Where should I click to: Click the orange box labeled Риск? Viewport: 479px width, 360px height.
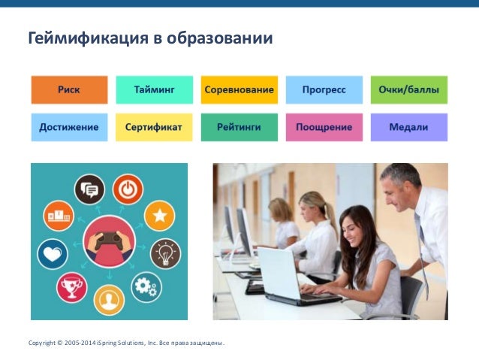click(68, 90)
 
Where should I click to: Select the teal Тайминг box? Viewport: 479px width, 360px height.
click(154, 90)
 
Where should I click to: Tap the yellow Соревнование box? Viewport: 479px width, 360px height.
click(239, 90)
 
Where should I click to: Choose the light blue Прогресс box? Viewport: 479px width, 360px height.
click(324, 90)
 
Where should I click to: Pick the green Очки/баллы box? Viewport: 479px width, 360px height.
click(408, 90)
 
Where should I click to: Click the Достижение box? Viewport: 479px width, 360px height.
click(68, 127)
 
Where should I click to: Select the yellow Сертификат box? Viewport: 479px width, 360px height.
click(154, 127)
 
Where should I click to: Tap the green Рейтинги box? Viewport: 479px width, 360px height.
click(239, 127)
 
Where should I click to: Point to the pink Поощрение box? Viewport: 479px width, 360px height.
click(324, 127)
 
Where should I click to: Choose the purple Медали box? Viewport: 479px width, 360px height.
click(408, 127)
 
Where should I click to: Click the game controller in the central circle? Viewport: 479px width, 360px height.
click(109, 242)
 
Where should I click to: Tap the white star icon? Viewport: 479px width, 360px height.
click(159, 216)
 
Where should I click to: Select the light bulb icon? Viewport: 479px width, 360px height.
click(165, 253)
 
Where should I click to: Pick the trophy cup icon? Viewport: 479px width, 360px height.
click(73, 286)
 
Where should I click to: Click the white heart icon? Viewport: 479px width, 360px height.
click(53, 254)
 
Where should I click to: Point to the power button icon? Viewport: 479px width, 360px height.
click(128, 189)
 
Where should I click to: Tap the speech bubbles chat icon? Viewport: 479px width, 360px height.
click(90, 189)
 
